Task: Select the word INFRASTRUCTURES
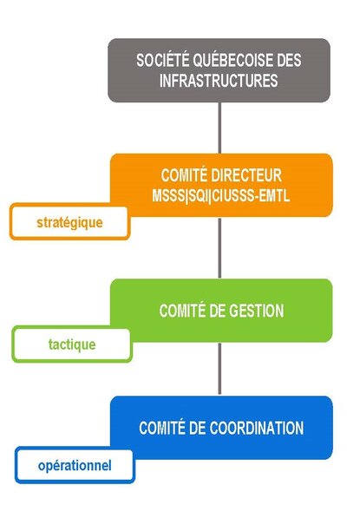coord(219,81)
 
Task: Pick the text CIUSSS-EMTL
coord(251,195)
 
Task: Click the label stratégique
coord(69,223)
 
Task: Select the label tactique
coord(72,344)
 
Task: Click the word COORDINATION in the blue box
coord(257,428)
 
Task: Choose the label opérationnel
coord(75,465)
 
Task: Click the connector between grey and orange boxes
coord(219,128)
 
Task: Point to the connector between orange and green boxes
coord(219,248)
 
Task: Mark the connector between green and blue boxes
coord(219,369)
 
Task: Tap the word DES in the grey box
coord(289,60)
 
